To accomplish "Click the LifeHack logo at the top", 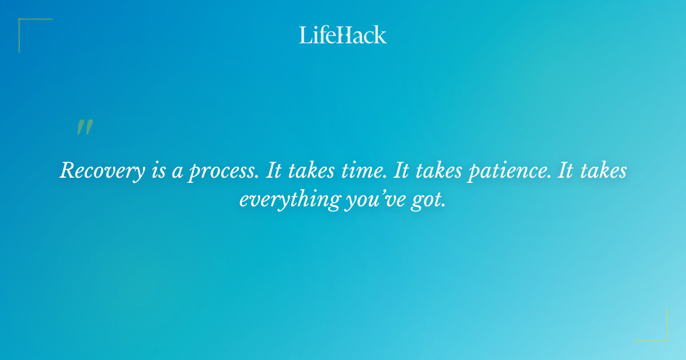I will click(x=343, y=35).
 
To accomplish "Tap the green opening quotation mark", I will click(x=84, y=127).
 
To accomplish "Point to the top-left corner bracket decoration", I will click(x=29, y=29).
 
